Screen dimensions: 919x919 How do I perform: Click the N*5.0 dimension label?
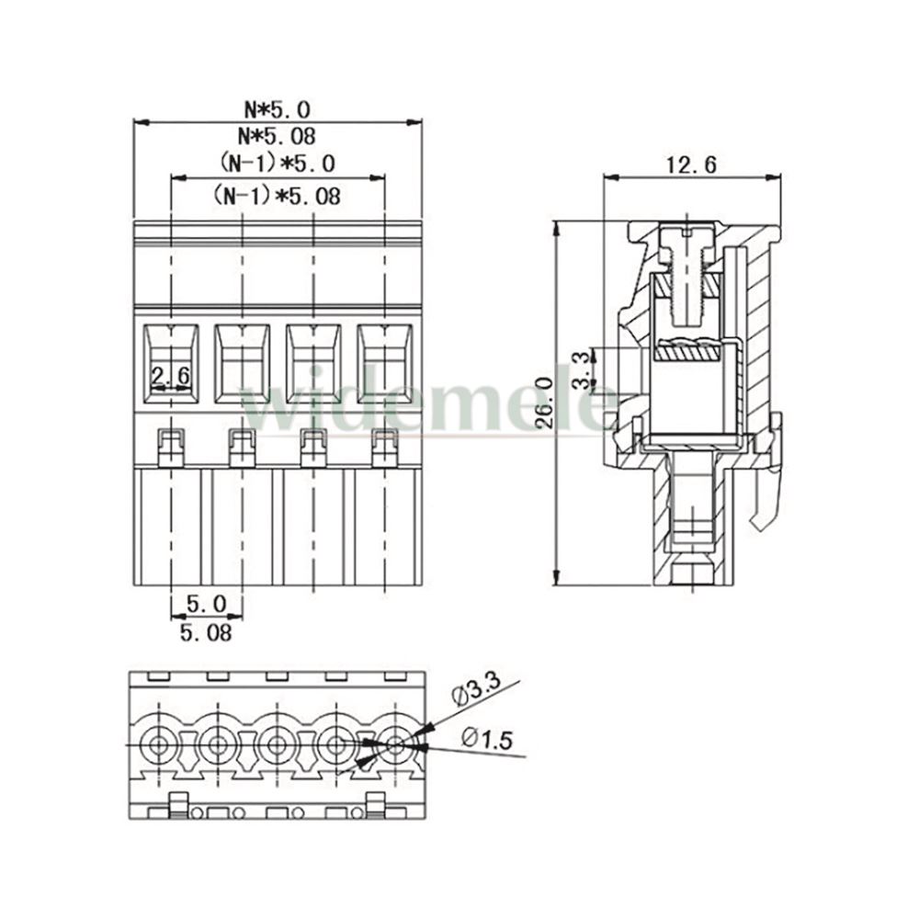click(x=278, y=109)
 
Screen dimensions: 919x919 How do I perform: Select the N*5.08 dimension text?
click(x=277, y=136)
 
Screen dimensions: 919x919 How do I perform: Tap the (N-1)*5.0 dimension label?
click(x=278, y=163)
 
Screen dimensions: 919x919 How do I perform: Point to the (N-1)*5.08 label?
click(x=277, y=195)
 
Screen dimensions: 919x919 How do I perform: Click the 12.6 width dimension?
click(x=692, y=165)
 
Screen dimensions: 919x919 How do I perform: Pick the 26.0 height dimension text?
click(x=545, y=403)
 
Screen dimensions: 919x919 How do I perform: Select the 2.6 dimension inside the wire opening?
click(x=171, y=375)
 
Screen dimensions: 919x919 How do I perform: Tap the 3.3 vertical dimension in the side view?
click(x=581, y=371)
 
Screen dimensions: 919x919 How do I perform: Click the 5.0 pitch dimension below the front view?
click(x=206, y=603)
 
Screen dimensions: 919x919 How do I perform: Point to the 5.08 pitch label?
click(x=206, y=632)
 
